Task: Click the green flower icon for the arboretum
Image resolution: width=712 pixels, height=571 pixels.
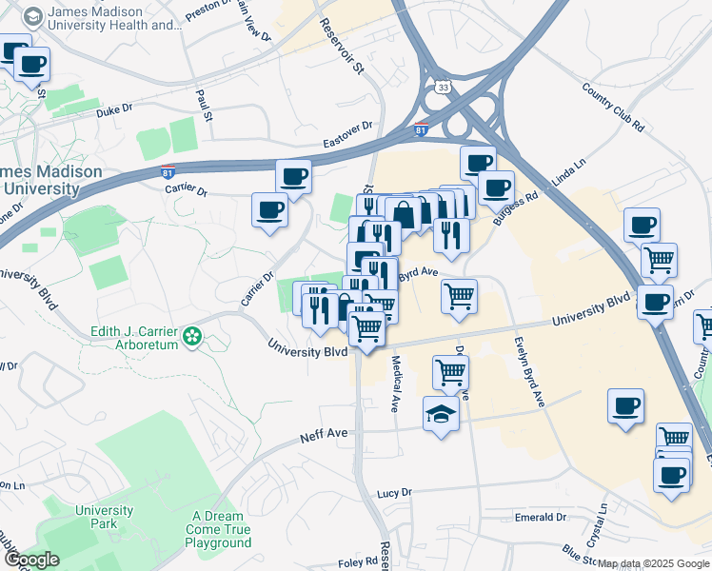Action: [x=193, y=335]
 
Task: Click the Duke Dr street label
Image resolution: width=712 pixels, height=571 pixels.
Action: [x=114, y=112]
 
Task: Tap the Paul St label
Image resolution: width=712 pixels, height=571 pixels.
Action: [x=203, y=105]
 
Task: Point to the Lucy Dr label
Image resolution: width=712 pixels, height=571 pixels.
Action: [x=392, y=493]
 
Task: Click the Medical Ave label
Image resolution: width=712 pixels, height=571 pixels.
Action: [x=394, y=384]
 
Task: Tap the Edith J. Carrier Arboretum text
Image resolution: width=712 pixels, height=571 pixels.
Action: [x=133, y=338]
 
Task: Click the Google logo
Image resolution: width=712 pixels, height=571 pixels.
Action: [x=31, y=560]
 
